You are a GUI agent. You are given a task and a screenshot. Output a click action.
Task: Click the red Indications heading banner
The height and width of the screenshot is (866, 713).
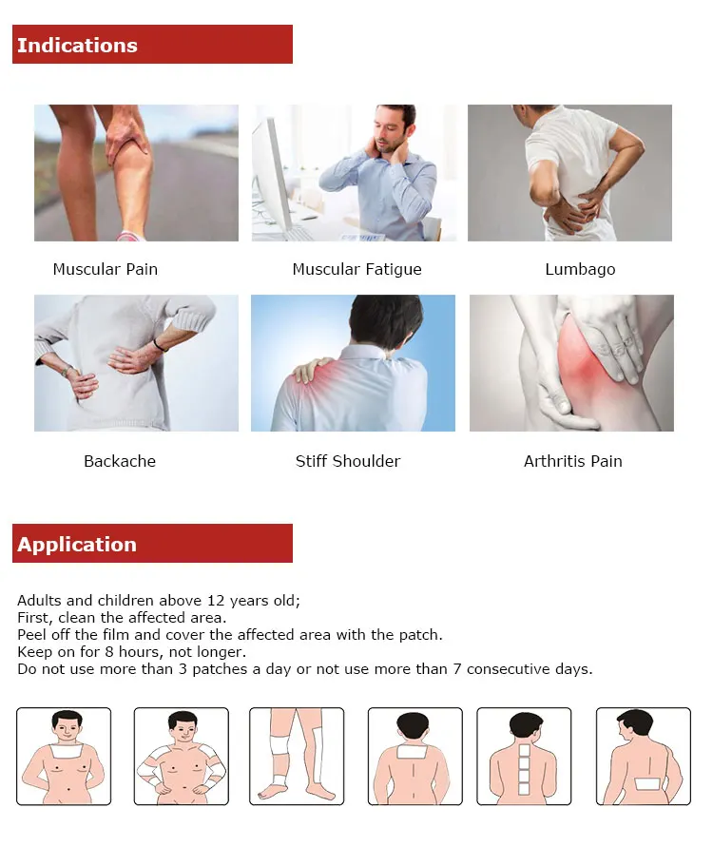click(x=152, y=45)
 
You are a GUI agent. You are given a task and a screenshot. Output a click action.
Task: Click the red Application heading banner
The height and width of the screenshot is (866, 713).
click(x=152, y=544)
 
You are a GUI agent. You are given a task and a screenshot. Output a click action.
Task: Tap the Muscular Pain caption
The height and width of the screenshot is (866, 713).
click(x=106, y=269)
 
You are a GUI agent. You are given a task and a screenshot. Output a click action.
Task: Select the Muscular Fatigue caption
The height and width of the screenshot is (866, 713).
click(x=356, y=269)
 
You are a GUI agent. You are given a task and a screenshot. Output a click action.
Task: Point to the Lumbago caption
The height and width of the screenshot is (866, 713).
click(x=580, y=269)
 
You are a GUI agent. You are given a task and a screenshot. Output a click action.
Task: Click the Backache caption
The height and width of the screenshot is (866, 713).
click(x=120, y=461)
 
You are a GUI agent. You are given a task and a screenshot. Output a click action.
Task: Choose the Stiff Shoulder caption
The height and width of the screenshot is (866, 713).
click(x=348, y=461)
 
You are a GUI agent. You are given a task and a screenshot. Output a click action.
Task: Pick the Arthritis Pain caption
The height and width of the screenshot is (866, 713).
click(x=573, y=461)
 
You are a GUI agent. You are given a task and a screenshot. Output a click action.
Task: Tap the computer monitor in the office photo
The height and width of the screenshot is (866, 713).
click(x=271, y=171)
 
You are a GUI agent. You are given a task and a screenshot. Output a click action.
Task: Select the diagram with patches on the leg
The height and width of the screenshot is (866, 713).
click(x=296, y=756)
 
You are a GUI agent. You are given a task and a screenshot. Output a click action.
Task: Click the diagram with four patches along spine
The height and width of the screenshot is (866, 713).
click(x=523, y=756)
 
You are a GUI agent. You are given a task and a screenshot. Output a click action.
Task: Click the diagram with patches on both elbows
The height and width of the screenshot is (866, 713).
click(x=181, y=756)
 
